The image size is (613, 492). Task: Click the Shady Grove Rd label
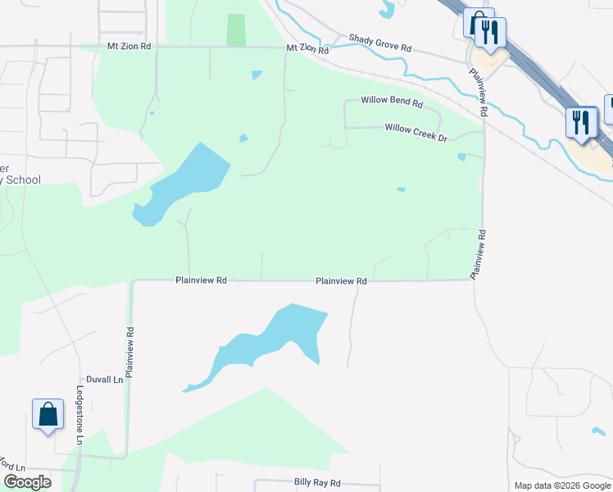(379, 43)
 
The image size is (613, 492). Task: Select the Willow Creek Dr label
(415, 130)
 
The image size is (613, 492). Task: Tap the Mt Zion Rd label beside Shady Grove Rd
(307, 49)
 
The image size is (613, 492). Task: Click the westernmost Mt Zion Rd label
(129, 47)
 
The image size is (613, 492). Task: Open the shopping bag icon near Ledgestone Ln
(48, 414)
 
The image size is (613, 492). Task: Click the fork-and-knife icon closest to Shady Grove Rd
(490, 32)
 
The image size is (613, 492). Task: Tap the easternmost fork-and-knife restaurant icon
(581, 122)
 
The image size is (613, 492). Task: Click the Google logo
(27, 482)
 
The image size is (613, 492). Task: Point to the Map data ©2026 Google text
(561, 485)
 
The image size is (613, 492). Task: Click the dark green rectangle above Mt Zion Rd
(236, 30)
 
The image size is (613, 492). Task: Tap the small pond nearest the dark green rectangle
(257, 75)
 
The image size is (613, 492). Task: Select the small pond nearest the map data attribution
(599, 431)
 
